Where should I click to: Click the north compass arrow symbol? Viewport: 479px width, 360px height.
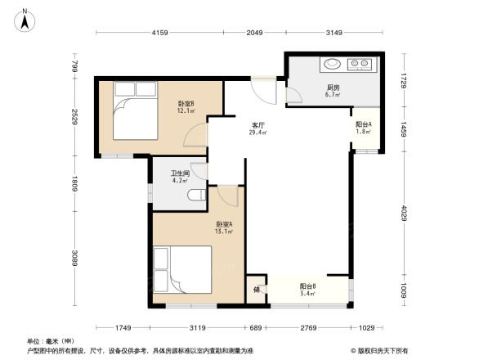(x=25, y=19)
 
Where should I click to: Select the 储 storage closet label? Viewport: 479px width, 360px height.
(x=257, y=290)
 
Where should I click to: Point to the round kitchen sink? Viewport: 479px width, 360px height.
(x=333, y=63)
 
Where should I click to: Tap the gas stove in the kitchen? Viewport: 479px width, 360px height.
(x=360, y=63)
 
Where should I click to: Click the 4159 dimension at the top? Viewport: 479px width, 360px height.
(x=159, y=33)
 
